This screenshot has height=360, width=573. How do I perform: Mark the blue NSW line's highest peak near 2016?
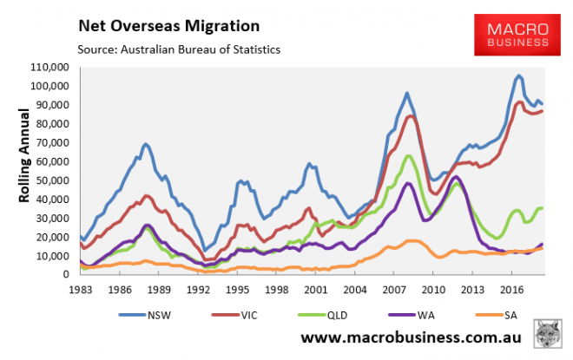coord(519,75)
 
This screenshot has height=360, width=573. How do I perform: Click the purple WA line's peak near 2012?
coord(457,177)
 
